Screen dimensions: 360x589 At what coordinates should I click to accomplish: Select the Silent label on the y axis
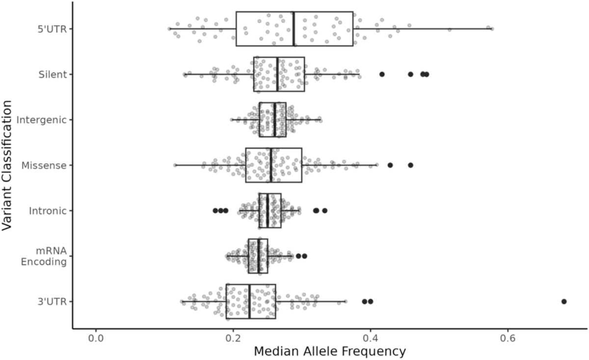click(x=54, y=75)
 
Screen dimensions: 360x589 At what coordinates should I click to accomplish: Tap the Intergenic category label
click(x=41, y=120)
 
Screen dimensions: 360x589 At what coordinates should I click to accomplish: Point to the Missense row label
click(x=44, y=165)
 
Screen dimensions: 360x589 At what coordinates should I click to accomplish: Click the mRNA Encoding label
click(x=43, y=257)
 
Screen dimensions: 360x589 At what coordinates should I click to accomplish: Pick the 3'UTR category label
click(x=53, y=301)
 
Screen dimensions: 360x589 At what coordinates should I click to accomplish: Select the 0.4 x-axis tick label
click(x=371, y=338)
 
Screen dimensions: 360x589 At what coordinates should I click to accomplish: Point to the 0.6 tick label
click(x=508, y=338)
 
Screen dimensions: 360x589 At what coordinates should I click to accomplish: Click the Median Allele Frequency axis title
click(x=329, y=351)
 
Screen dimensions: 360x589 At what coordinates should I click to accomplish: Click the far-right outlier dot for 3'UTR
click(x=564, y=301)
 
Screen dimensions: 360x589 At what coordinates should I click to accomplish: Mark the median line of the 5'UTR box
click(x=294, y=29)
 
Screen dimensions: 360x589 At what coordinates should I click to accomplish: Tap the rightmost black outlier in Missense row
click(x=411, y=165)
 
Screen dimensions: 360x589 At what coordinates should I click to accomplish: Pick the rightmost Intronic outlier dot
click(x=324, y=210)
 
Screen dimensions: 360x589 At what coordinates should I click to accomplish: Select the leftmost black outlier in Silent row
click(x=382, y=74)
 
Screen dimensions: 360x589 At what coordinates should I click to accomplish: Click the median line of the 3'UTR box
click(x=249, y=301)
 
